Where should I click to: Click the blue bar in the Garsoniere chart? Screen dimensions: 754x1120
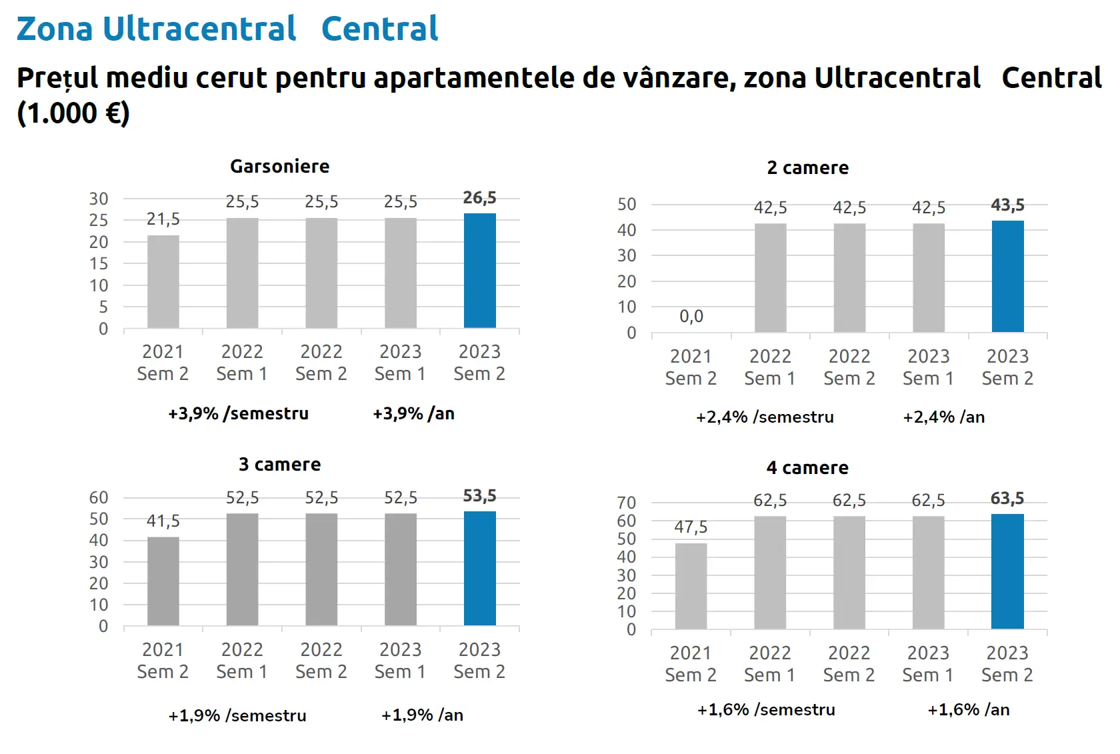(479, 271)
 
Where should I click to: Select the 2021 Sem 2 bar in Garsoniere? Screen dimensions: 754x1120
(163, 281)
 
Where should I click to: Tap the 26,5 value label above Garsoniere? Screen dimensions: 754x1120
(479, 198)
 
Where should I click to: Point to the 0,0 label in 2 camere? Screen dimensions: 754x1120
(691, 316)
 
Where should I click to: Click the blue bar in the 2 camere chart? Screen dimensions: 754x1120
(1007, 276)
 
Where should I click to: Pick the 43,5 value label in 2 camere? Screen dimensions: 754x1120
(1007, 205)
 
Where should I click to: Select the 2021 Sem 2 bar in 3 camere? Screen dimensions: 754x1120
(163, 581)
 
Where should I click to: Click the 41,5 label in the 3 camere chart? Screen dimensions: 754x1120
(163, 521)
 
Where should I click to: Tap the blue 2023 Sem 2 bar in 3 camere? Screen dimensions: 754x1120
(479, 568)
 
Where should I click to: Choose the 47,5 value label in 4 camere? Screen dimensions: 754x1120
(691, 527)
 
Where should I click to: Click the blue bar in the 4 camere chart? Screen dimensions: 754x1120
(1007, 571)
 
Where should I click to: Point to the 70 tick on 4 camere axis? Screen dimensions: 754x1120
(627, 503)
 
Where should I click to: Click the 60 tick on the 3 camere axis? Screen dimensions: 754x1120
(99, 497)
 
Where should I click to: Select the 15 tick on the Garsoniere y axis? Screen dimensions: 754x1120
(99, 264)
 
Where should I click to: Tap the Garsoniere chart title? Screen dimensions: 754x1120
(280, 167)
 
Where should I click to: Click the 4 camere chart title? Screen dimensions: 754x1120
(807, 468)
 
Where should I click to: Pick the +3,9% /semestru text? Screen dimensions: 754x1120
(239, 414)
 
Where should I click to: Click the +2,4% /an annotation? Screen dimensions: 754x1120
(943, 417)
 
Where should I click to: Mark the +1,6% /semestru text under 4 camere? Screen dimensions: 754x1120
(766, 710)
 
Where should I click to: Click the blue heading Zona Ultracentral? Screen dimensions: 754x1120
(157, 29)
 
